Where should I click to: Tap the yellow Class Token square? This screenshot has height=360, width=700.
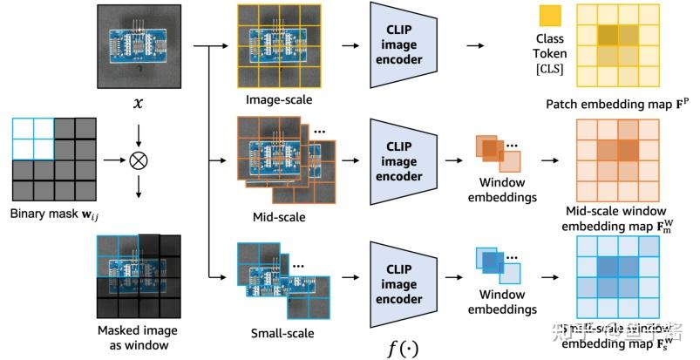click(x=550, y=16)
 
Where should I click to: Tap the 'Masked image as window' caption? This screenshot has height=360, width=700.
click(x=139, y=337)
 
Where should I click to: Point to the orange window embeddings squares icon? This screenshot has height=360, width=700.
click(x=497, y=153)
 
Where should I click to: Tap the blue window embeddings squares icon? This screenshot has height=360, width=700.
click(x=497, y=266)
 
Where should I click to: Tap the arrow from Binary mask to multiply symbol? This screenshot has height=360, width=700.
click(x=112, y=161)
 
